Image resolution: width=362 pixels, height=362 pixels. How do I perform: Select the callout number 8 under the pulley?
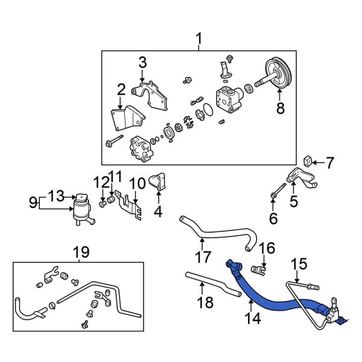click(280, 109)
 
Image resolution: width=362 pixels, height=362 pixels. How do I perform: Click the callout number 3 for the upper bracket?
click(142, 62)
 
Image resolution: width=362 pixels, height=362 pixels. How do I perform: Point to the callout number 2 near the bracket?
click(121, 91)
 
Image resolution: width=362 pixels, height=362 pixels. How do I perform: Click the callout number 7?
click(329, 162)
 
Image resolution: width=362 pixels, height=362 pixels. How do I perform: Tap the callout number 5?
click(294, 202)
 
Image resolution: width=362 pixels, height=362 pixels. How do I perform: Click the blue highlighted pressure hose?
click(271, 294)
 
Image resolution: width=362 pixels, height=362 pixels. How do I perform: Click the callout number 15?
click(299, 263)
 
